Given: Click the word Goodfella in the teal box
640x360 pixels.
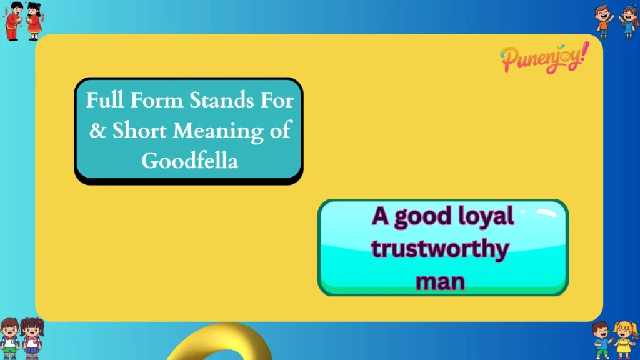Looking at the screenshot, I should point(190,161).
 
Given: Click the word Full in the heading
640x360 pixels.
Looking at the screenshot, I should point(103,101).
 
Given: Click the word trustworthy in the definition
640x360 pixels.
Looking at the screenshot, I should point(440,249).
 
